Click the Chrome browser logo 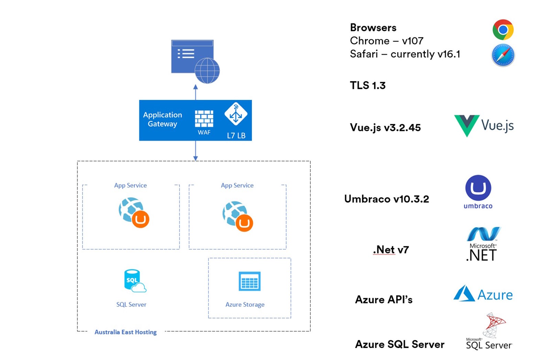click(503, 30)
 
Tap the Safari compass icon click(503, 55)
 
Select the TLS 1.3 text click(367, 85)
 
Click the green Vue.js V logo click(466, 125)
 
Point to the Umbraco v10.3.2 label click(386, 199)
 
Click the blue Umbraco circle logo click(478, 188)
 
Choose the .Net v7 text click(391, 249)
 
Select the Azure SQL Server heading click(399, 344)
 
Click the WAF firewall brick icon click(204, 119)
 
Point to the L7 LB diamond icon click(236, 114)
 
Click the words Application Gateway click(163, 119)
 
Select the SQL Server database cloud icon click(134, 281)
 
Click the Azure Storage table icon click(250, 281)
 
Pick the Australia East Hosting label click(125, 332)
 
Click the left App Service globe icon click(134, 212)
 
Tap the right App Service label click(237, 185)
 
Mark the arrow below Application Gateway click(196, 151)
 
